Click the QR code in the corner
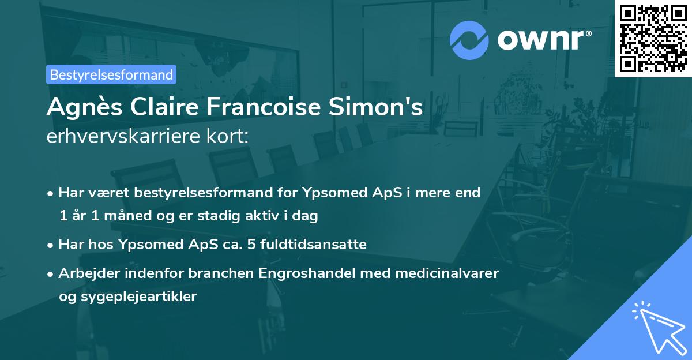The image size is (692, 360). pos(653,38)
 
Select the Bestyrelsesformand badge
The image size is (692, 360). pos(111,74)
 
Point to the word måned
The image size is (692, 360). pos(123,216)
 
